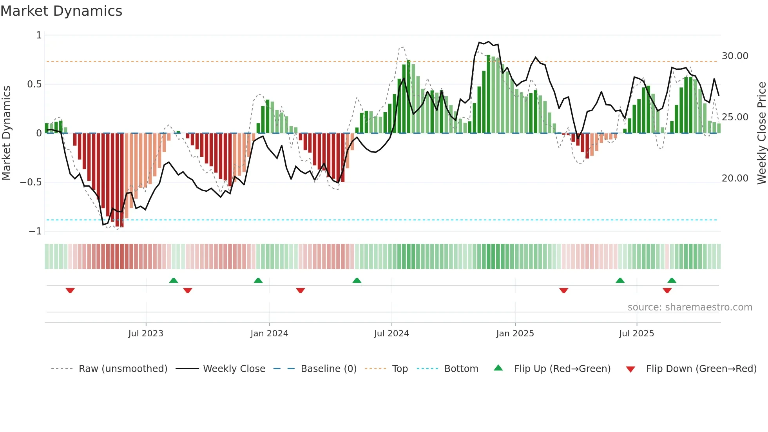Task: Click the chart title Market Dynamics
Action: click(61, 11)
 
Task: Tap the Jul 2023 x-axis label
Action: click(145, 334)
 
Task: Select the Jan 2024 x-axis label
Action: click(269, 334)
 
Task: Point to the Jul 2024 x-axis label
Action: click(391, 334)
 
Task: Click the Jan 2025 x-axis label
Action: click(515, 334)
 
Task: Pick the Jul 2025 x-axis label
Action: click(636, 334)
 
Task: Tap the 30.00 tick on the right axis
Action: click(735, 56)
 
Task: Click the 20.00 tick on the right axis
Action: click(735, 178)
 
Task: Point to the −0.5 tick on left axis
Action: click(31, 182)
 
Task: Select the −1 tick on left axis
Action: click(35, 231)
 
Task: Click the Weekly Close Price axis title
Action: click(761, 133)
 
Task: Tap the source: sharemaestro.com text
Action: click(690, 307)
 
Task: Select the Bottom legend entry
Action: click(461, 369)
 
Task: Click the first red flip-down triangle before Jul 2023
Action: click(70, 290)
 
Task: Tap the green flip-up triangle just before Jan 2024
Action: click(258, 280)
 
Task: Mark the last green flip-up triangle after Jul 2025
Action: click(672, 280)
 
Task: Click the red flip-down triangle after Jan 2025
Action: click(563, 290)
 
